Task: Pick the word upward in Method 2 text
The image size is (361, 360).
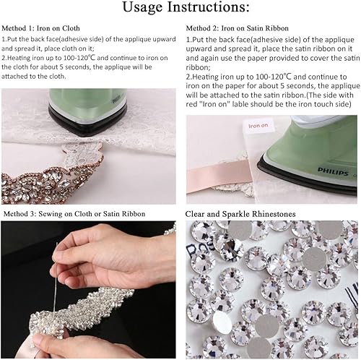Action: (x=202, y=47)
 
